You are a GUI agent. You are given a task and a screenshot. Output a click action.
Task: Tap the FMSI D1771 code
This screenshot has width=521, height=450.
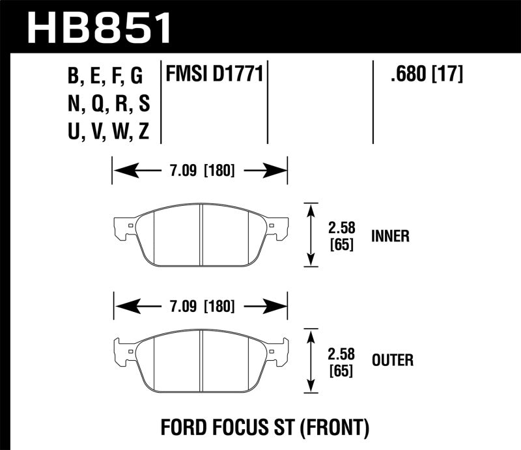215,76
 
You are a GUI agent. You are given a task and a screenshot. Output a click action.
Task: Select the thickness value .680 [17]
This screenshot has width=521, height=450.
426,76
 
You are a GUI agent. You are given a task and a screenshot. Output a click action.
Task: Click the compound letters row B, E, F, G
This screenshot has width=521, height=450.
105,77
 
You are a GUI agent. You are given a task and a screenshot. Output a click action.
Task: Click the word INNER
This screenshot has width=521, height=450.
390,236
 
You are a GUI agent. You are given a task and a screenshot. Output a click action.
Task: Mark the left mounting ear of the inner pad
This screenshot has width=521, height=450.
122,227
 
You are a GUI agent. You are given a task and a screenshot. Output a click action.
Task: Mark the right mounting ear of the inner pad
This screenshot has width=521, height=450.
279,227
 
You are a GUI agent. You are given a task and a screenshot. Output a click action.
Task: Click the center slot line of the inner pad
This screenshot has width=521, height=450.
201,234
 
